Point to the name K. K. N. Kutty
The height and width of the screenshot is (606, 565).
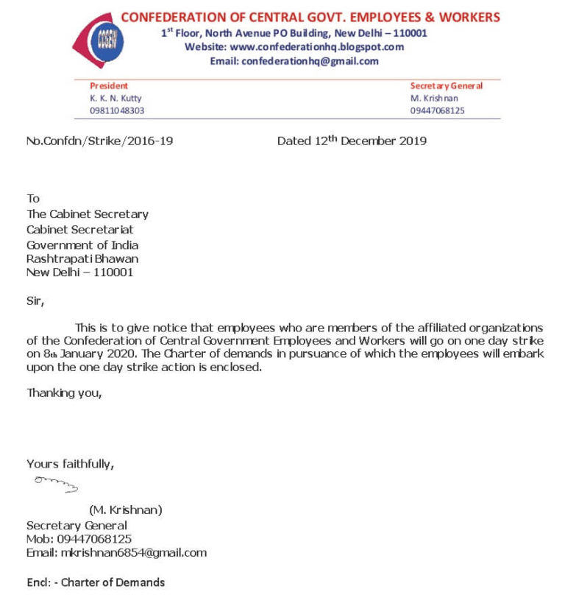point(116,98)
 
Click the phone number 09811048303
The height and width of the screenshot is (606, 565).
point(117,110)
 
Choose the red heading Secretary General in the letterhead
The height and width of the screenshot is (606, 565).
point(447,86)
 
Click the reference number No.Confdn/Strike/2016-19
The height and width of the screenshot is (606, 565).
point(100,141)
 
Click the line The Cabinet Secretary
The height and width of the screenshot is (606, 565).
point(88,214)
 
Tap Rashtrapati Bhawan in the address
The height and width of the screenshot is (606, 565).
point(82,258)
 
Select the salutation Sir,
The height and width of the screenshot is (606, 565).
point(35,300)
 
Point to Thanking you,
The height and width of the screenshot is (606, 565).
point(64,393)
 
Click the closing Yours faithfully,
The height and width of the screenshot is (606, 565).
point(70,464)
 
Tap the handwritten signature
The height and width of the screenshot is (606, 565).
point(56,484)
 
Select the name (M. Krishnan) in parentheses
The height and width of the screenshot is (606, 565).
point(126,510)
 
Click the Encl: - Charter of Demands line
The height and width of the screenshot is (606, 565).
point(96,582)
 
